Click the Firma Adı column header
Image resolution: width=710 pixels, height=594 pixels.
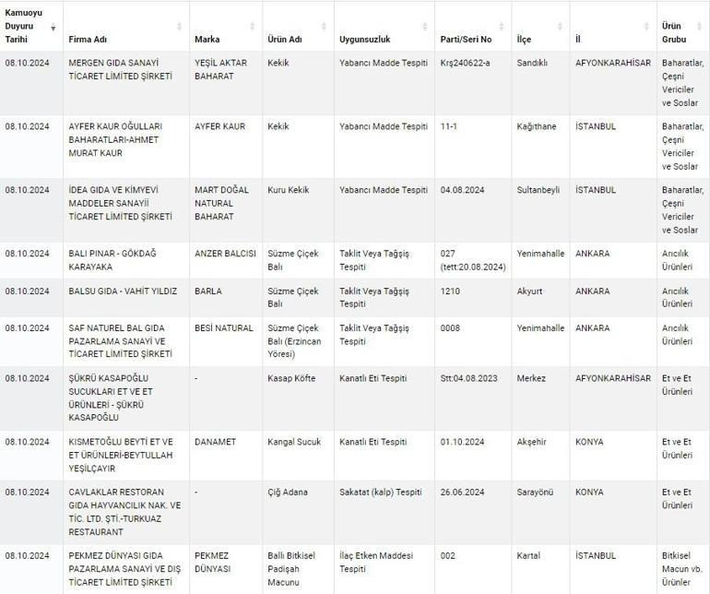[x=89, y=40]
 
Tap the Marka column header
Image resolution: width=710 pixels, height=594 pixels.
[x=207, y=40]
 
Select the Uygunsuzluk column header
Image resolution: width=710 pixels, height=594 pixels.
[x=364, y=40]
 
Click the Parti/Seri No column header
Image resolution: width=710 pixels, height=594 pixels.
[x=467, y=40]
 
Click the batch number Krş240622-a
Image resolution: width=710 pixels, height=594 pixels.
[x=467, y=64]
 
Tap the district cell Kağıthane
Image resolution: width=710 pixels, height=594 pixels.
[x=537, y=126]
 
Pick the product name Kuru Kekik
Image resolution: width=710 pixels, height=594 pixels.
[x=289, y=190]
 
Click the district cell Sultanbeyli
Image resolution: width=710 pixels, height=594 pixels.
[x=539, y=190]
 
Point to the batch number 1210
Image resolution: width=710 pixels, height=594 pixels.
[x=450, y=291]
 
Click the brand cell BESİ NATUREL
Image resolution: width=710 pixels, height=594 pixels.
[x=224, y=328]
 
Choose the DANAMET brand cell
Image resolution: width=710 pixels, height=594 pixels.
[x=215, y=442]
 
